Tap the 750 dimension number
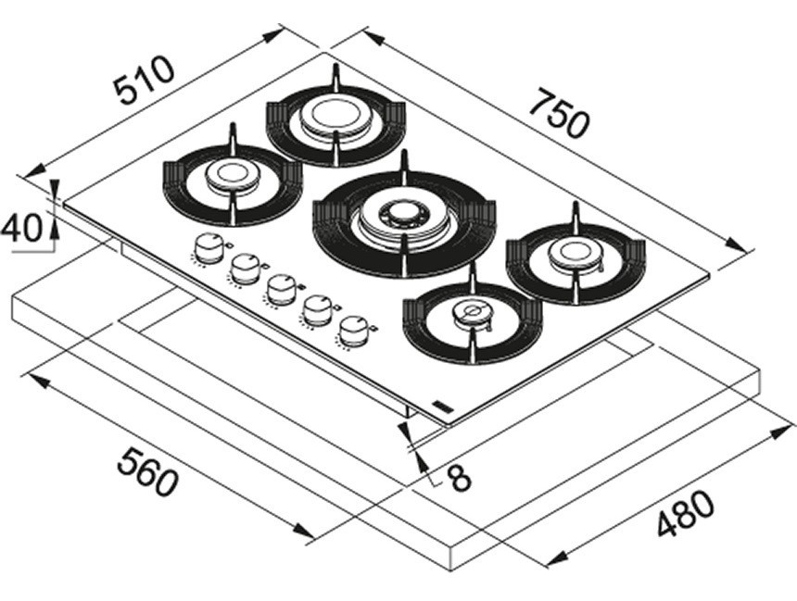click(x=559, y=112)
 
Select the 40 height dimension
click(x=22, y=229)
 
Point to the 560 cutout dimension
click(x=146, y=470)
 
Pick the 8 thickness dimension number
click(x=459, y=477)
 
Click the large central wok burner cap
click(x=403, y=218)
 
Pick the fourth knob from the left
click(x=317, y=308)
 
